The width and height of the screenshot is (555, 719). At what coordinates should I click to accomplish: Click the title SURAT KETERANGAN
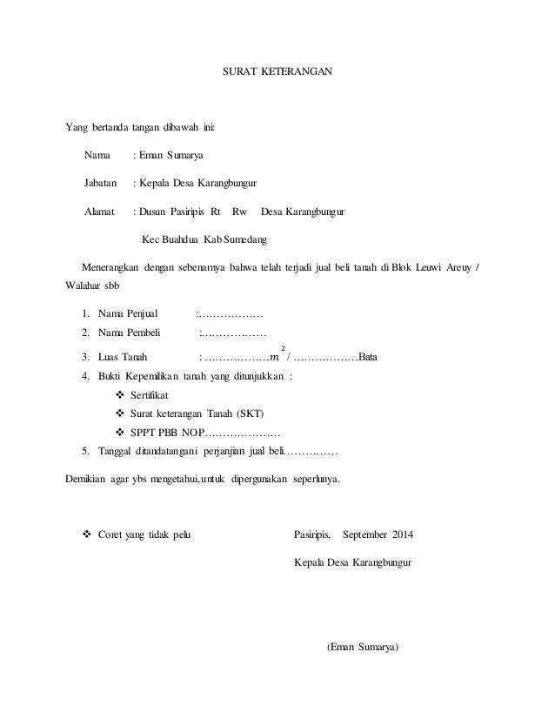click(x=277, y=67)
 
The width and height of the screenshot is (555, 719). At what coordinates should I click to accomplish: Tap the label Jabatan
click(x=100, y=184)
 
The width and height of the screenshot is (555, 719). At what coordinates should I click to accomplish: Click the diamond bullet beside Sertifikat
click(x=119, y=395)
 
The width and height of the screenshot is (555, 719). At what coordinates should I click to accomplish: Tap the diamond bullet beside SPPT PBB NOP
click(x=119, y=432)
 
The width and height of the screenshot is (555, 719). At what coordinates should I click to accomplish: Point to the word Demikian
click(x=88, y=479)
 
